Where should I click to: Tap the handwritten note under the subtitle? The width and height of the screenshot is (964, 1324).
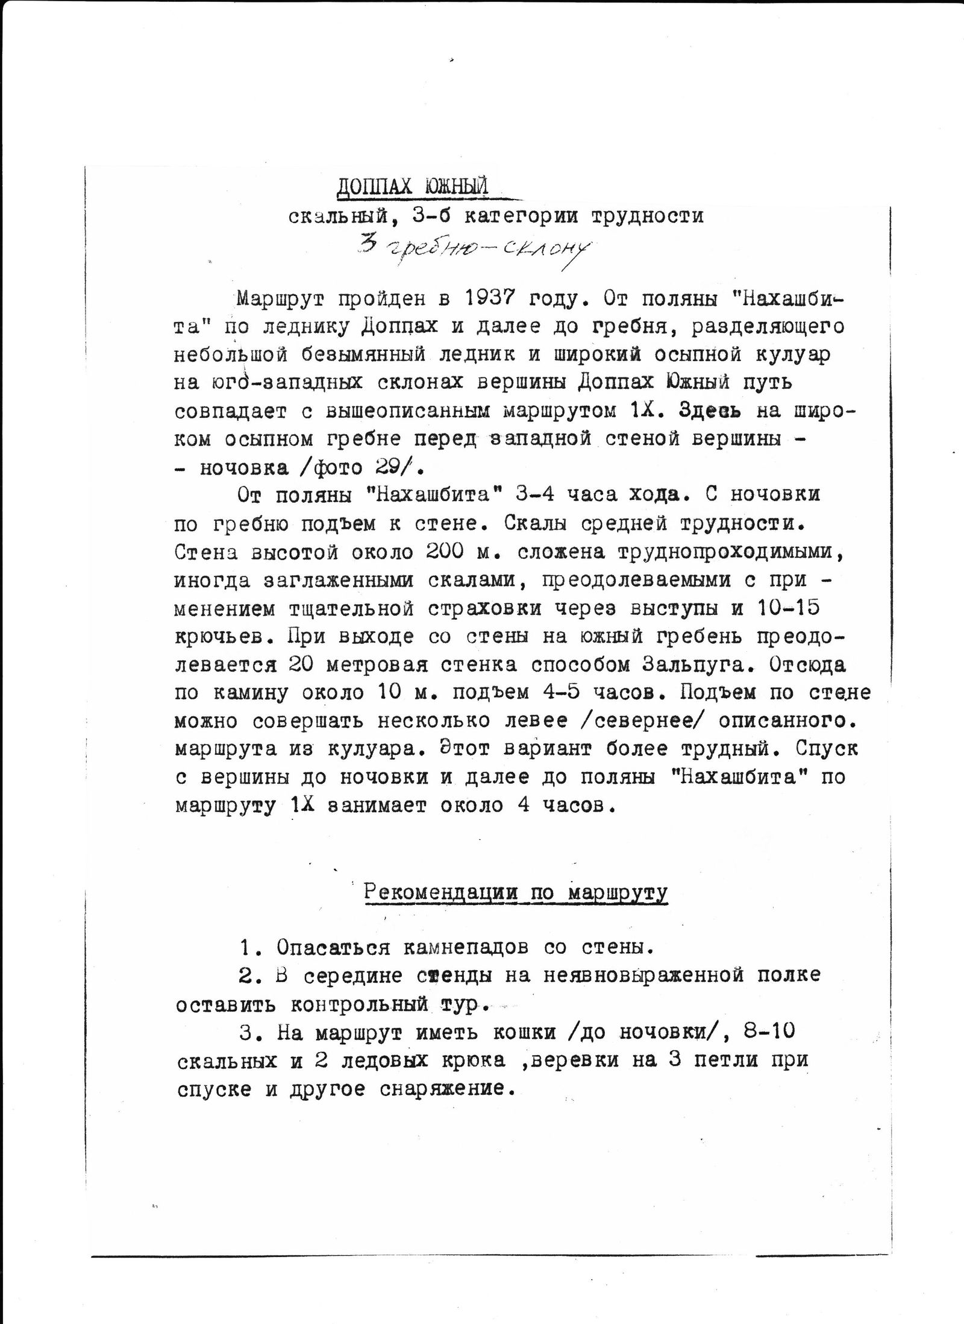474,248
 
